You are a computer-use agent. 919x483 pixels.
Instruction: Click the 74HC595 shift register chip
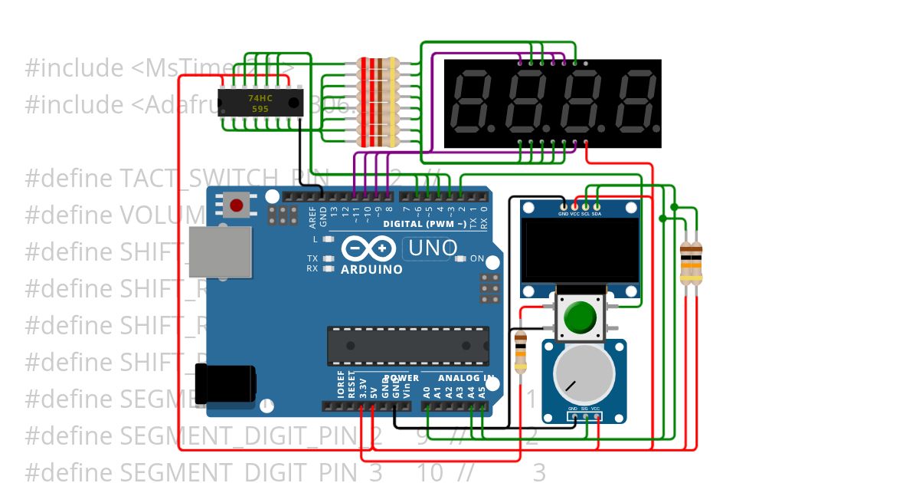point(260,103)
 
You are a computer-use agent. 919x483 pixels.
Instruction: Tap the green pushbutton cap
point(580,317)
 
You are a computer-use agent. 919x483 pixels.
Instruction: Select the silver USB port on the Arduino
point(221,251)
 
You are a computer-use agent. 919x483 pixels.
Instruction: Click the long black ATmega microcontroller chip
point(408,346)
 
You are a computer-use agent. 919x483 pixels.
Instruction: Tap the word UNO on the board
point(433,248)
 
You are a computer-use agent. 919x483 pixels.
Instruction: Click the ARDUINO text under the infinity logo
point(371,270)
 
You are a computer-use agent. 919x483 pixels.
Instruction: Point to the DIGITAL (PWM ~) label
point(424,224)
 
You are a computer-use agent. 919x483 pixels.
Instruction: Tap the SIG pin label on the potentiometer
point(584,409)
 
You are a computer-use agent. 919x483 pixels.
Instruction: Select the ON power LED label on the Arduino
point(476,258)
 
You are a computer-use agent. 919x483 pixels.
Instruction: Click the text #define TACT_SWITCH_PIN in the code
point(176,178)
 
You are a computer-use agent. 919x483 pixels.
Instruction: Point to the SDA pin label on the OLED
point(597,213)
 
